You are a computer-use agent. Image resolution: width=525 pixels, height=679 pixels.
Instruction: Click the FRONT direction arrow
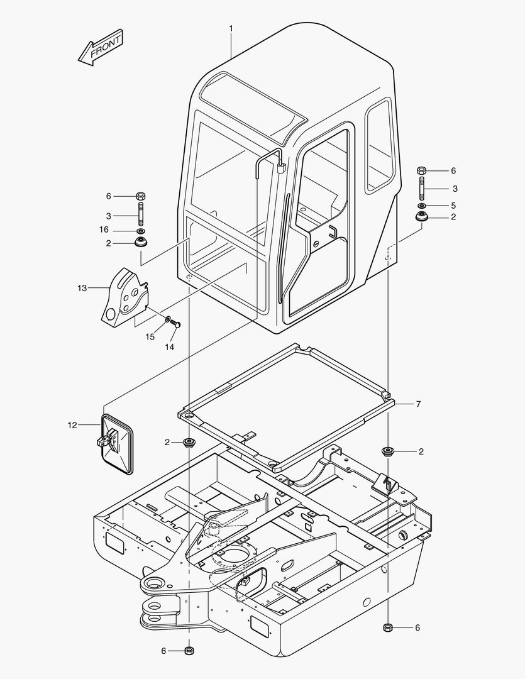point(101,48)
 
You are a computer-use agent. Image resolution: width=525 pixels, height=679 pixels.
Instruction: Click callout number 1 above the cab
point(231,28)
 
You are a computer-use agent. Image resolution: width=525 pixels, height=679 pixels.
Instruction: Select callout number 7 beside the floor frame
point(418,404)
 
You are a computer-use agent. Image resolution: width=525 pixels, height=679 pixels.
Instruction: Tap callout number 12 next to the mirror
point(72,425)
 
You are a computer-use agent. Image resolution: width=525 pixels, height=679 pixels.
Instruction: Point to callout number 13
point(82,288)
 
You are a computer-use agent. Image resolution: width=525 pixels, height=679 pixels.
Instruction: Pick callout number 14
point(169,347)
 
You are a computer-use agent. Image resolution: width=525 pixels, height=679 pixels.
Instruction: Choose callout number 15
point(150,337)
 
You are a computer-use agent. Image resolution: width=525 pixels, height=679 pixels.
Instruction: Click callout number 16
point(104,229)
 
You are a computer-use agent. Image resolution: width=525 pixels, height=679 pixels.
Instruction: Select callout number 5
point(453,205)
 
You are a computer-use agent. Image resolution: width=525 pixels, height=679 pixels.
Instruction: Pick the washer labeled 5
point(422,205)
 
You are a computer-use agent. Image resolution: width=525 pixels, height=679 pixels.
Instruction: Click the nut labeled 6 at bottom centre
point(189,650)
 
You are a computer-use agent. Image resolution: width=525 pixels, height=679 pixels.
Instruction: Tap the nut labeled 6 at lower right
point(388,627)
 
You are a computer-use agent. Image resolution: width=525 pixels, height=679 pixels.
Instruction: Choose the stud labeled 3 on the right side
point(422,189)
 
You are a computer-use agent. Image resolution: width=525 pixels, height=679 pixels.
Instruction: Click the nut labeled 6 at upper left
point(140,196)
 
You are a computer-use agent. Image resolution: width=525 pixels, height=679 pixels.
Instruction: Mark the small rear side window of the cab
point(380,146)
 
